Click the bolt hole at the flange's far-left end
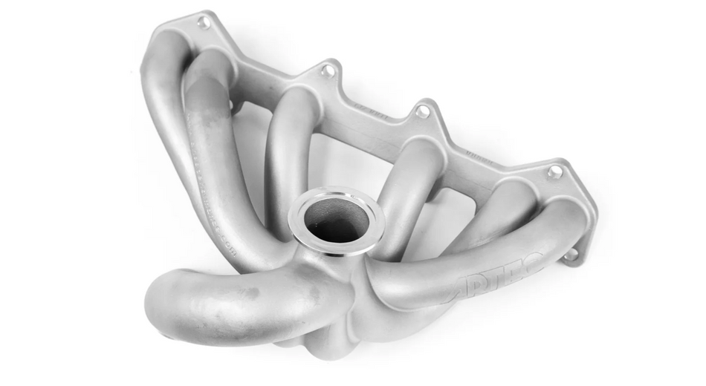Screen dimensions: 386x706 [203, 22]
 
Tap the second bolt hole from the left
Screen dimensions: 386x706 [328, 71]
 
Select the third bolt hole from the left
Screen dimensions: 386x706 [422, 112]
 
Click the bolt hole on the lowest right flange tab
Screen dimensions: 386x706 [571, 255]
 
